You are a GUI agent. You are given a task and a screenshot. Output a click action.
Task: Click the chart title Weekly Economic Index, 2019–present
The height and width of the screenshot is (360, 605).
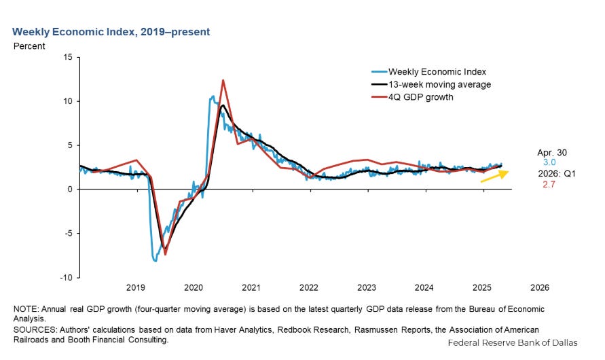tap(111, 32)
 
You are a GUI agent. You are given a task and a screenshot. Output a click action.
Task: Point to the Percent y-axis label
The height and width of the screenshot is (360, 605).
tap(29, 46)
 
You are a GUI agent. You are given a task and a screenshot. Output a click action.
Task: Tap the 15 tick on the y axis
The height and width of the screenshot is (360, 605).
tap(68, 57)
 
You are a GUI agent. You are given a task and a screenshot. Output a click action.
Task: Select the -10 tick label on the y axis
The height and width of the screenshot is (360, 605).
tap(66, 277)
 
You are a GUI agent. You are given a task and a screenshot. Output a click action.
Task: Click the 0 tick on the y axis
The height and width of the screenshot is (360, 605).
tap(70, 189)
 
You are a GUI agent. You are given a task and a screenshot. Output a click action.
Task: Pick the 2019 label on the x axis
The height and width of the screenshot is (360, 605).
tap(135, 287)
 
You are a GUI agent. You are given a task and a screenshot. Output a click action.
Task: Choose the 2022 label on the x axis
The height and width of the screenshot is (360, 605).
tap(309, 287)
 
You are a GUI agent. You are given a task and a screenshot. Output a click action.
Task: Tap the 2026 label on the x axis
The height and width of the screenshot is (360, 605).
tap(539, 287)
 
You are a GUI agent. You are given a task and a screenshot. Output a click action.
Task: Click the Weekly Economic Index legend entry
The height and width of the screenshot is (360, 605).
tap(428, 72)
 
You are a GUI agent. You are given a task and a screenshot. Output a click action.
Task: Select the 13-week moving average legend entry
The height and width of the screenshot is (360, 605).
tap(431, 84)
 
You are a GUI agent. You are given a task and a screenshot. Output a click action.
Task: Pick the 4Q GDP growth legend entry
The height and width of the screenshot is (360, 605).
tap(412, 97)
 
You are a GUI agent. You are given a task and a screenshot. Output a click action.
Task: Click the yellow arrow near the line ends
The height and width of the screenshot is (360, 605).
tap(494, 176)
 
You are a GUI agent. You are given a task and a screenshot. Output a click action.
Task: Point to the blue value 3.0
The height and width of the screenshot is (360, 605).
tap(549, 162)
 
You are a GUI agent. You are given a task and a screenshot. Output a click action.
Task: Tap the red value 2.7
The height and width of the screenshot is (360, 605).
tap(549, 185)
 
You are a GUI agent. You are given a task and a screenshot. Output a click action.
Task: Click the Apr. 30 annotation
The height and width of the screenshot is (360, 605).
tap(552, 152)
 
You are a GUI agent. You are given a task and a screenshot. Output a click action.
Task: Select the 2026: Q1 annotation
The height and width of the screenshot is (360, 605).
tap(557, 174)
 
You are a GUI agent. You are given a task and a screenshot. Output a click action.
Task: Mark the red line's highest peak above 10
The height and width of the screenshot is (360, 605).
tap(223, 80)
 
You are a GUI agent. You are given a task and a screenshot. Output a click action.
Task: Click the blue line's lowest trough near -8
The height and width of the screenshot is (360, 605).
tap(155, 261)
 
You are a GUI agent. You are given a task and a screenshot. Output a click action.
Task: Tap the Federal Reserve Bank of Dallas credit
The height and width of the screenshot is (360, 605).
tap(513, 342)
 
